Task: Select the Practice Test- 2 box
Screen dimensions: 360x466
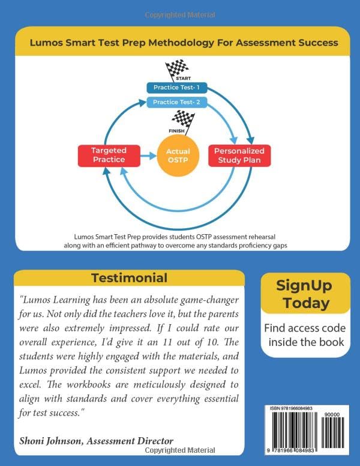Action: click(178, 102)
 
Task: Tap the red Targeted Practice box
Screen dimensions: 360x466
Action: click(109, 155)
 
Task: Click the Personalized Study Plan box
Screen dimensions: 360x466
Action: click(239, 155)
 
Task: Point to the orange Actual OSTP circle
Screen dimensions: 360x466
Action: click(178, 156)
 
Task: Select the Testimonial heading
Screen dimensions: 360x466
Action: click(129, 278)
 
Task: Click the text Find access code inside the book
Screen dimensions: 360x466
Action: click(306, 335)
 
